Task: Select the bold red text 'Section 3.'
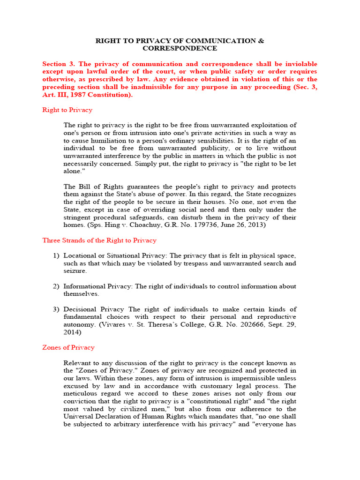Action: tap(59, 64)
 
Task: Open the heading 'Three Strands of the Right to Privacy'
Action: tap(99, 240)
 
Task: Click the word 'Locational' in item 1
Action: tap(80, 255)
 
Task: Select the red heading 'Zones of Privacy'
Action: tap(68, 348)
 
